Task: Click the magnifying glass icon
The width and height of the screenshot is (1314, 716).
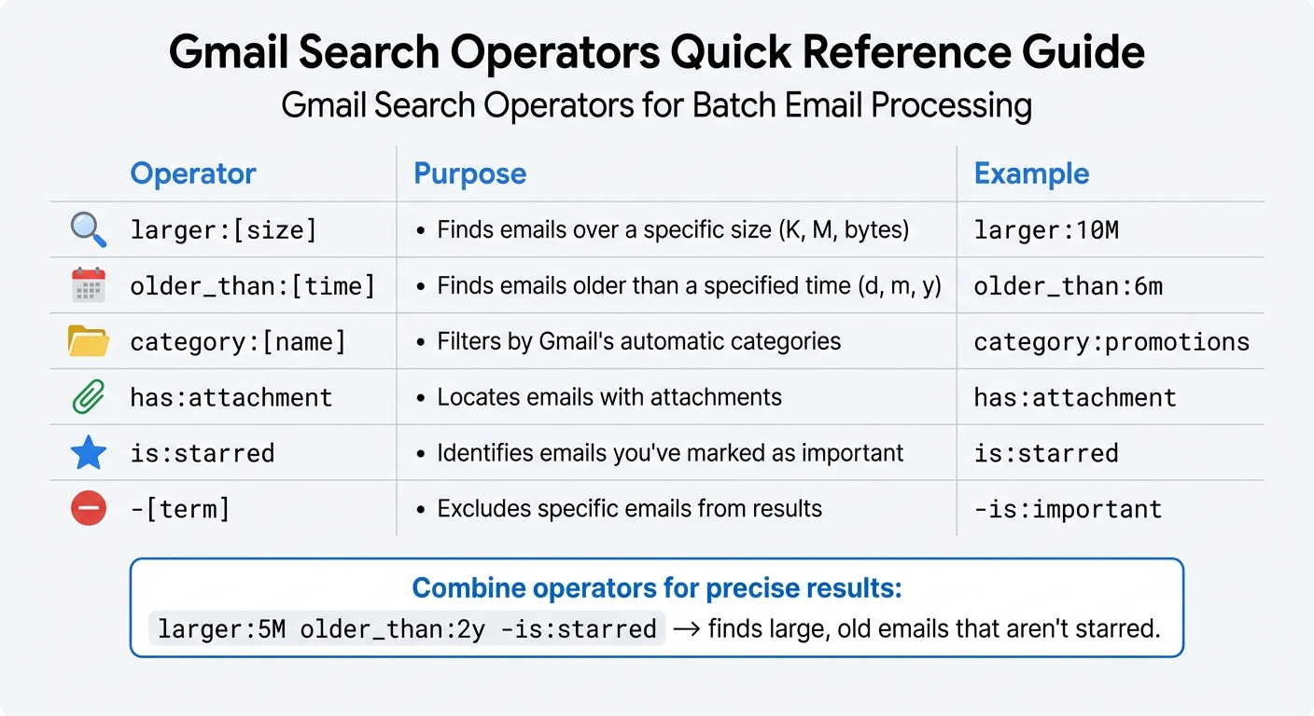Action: (89, 229)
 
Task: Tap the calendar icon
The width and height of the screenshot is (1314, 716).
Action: (89, 285)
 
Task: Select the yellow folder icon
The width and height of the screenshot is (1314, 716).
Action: (89, 341)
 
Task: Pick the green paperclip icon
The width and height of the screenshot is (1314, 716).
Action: (89, 397)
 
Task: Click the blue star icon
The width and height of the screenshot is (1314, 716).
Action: (89, 453)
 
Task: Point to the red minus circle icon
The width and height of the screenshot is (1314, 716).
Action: (89, 509)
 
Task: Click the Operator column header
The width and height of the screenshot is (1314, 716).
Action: (192, 173)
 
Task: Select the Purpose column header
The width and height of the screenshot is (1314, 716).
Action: (469, 173)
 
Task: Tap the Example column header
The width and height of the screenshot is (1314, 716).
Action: (1031, 173)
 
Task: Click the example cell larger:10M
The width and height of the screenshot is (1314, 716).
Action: (1045, 230)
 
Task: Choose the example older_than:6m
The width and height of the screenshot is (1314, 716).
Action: (1068, 286)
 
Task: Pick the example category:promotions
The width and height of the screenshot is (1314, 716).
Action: (1111, 342)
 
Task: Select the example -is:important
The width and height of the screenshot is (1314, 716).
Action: (1068, 510)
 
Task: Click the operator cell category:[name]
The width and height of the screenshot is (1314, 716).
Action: (238, 342)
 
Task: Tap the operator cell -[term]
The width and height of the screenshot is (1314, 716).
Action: (179, 510)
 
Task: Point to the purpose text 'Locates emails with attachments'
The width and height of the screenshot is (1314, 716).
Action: (608, 397)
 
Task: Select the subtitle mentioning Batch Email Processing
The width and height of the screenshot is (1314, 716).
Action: (656, 105)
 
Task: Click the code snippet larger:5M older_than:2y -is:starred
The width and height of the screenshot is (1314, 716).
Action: (407, 629)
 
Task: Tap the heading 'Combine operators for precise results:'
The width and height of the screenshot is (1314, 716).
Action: (656, 588)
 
